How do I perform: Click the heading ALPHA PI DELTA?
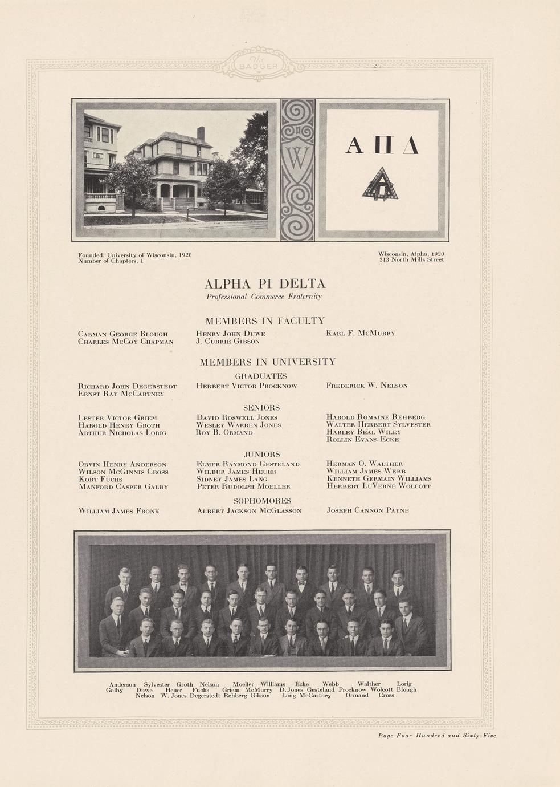click(265, 283)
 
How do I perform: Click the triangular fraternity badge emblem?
click(380, 185)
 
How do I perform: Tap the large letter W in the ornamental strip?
click(297, 159)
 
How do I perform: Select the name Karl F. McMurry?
click(360, 333)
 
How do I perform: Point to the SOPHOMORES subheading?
click(262, 501)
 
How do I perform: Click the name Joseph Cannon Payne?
click(367, 510)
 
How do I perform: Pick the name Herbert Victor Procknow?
click(247, 386)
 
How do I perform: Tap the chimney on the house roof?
click(201, 133)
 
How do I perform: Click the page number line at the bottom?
click(437, 736)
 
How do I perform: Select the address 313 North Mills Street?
click(411, 260)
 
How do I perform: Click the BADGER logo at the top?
click(259, 64)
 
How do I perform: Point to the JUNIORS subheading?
click(262, 455)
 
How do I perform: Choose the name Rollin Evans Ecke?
click(362, 440)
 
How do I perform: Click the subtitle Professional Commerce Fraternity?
click(264, 297)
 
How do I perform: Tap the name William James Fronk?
click(118, 511)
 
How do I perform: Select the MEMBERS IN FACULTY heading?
click(264, 321)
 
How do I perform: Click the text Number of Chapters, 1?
click(111, 261)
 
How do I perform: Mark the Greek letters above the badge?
click(382, 146)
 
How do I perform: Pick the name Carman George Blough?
click(122, 334)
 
